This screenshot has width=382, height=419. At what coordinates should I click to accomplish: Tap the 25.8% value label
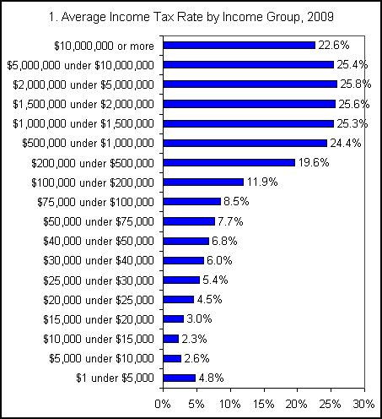click(354, 84)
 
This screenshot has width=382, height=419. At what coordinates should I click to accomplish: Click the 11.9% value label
click(261, 182)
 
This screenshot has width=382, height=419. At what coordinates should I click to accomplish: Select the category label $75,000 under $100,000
click(96, 202)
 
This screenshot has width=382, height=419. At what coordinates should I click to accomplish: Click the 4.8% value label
click(211, 378)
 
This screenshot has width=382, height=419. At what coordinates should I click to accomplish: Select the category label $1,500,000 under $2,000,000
click(84, 104)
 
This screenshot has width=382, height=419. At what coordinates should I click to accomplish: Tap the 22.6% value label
click(333, 46)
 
